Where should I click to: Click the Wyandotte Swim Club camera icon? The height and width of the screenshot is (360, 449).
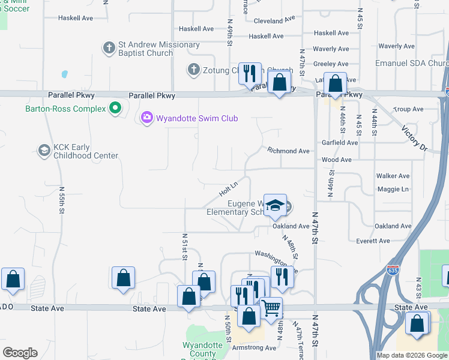[147, 118]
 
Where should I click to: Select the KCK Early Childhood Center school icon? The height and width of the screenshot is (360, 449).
[44, 151]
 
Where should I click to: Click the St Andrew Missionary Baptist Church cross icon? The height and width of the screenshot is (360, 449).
[109, 48]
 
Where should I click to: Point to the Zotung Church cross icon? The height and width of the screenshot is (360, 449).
[193, 70]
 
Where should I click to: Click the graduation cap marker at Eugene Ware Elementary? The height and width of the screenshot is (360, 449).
[275, 205]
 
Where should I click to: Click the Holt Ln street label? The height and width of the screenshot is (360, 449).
[229, 188]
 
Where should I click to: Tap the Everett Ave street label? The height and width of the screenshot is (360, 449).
[373, 241]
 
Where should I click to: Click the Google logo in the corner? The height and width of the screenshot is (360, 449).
[20, 353]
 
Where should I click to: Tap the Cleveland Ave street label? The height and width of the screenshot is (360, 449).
[274, 20]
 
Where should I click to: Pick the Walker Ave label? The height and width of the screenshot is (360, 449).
[393, 176]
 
